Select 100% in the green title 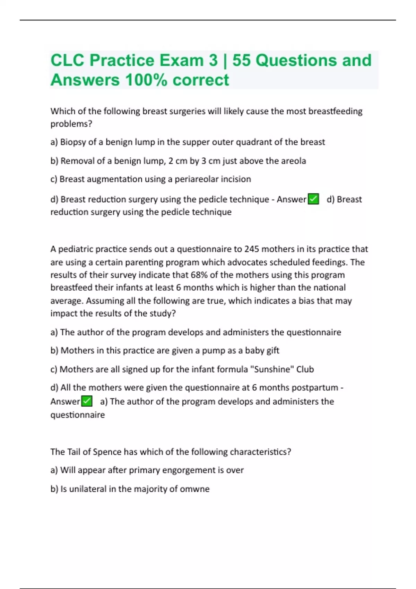(146, 80)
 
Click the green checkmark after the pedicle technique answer (313, 199)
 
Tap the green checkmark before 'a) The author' (87, 401)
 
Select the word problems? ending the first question (71, 124)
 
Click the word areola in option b (294, 161)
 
